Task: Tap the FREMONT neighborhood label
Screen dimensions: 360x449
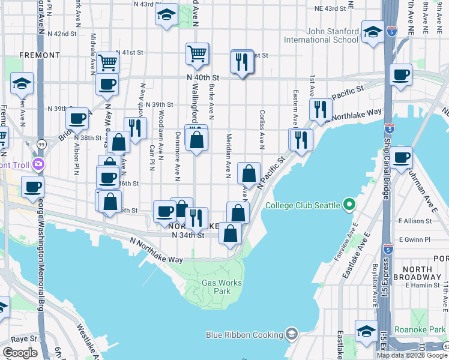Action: pos(40,55)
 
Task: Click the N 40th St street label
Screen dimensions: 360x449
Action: pos(203,78)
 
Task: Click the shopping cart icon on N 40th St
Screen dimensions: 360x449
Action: pos(197,54)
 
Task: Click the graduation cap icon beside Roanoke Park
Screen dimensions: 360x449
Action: pos(366,331)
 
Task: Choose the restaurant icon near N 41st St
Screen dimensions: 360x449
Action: pos(242,61)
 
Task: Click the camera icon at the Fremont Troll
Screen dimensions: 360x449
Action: pos(39,163)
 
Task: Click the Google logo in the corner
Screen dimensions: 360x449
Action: pos(21,353)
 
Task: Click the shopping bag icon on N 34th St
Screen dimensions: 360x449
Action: pos(231,233)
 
